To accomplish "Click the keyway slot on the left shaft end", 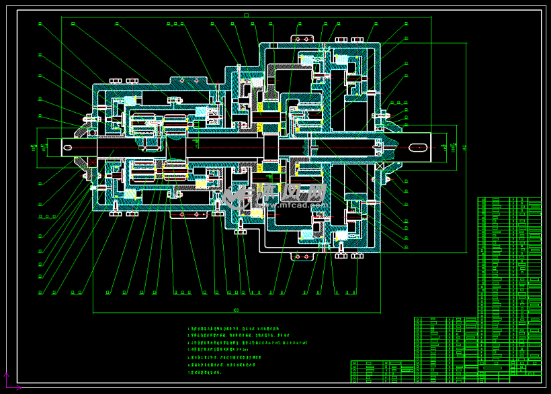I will (68, 146).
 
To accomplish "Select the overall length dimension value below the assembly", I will (236, 310).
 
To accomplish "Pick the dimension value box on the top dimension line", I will (247, 15).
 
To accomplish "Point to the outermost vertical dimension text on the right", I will (464, 147).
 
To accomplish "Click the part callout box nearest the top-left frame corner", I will (40, 24).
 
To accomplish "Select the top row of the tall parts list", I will (509, 200).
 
